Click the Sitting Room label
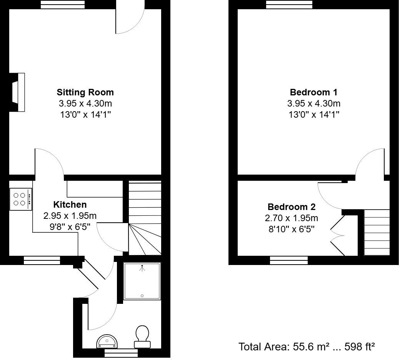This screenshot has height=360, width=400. (85, 92)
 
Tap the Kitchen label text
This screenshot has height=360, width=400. (70, 205)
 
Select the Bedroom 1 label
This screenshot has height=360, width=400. (313, 92)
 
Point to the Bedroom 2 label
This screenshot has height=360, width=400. (292, 207)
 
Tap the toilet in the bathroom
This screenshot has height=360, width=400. (142, 334)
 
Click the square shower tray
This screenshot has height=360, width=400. (142, 281)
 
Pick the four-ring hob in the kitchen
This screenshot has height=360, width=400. (21, 199)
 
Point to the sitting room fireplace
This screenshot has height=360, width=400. (18, 92)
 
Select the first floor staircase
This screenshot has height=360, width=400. (377, 232)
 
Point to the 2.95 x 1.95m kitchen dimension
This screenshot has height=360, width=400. (70, 216)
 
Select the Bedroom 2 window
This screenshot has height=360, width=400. (288, 260)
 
